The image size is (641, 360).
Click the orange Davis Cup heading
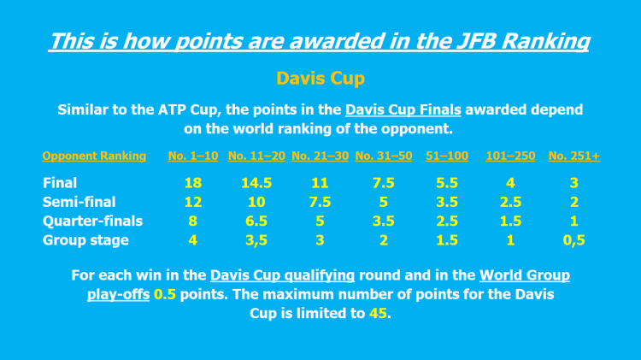click(x=320, y=79)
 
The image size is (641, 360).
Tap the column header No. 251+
click(x=573, y=156)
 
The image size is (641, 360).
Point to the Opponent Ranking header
click(x=94, y=156)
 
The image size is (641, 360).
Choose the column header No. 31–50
click(x=384, y=156)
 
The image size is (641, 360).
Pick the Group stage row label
click(x=85, y=240)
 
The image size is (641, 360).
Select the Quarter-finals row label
click(x=92, y=221)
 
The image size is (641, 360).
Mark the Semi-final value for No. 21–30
click(x=320, y=202)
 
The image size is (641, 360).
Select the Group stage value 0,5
click(x=573, y=240)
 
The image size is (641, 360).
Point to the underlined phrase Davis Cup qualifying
click(x=282, y=275)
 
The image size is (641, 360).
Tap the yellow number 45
click(x=377, y=313)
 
